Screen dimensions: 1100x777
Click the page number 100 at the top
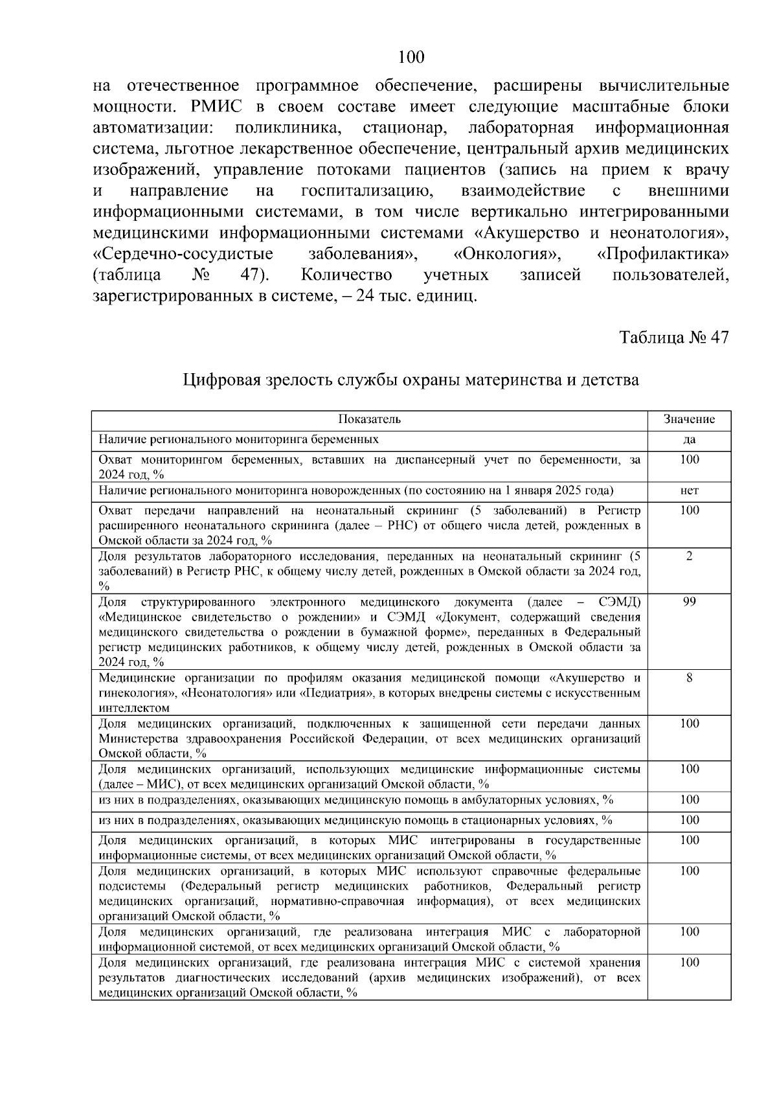tap(411, 58)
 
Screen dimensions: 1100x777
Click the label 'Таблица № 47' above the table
tap(675, 338)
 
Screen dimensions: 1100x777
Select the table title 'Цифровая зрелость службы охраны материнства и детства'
tap(411, 380)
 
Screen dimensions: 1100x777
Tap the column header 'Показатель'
tap(369, 419)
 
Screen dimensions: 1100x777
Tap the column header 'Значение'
tap(689, 419)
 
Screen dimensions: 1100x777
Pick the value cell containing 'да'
tap(689, 440)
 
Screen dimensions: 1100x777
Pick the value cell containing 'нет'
tap(689, 490)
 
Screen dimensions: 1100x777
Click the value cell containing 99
tap(689, 602)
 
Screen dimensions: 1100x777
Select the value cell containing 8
tap(689, 678)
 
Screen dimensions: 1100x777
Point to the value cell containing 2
tap(689, 556)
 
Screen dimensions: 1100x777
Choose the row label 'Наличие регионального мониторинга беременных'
tap(238, 440)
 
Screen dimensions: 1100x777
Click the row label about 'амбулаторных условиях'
tap(355, 800)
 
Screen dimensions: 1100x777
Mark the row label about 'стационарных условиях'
tap(355, 820)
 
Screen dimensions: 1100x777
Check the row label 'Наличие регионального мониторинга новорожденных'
tap(355, 490)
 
